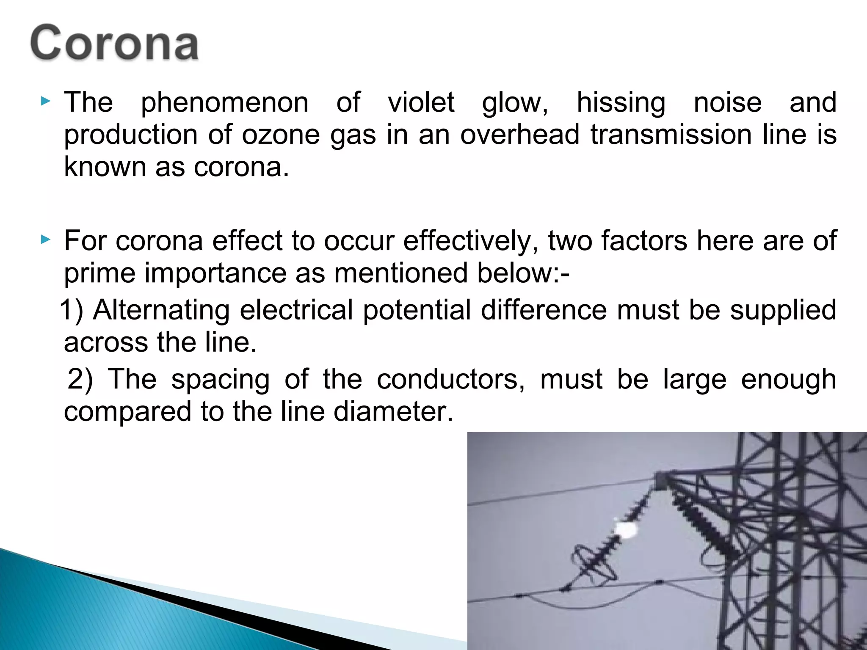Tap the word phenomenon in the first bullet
(224, 103)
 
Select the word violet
(421, 102)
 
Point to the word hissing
(621, 103)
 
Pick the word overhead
(519, 135)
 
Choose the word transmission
(671, 135)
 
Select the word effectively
(470, 241)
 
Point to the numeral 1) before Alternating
(71, 310)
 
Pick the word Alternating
(161, 310)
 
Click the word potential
(417, 310)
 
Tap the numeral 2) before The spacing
(80, 379)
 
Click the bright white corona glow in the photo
(625, 529)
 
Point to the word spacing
(220, 380)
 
